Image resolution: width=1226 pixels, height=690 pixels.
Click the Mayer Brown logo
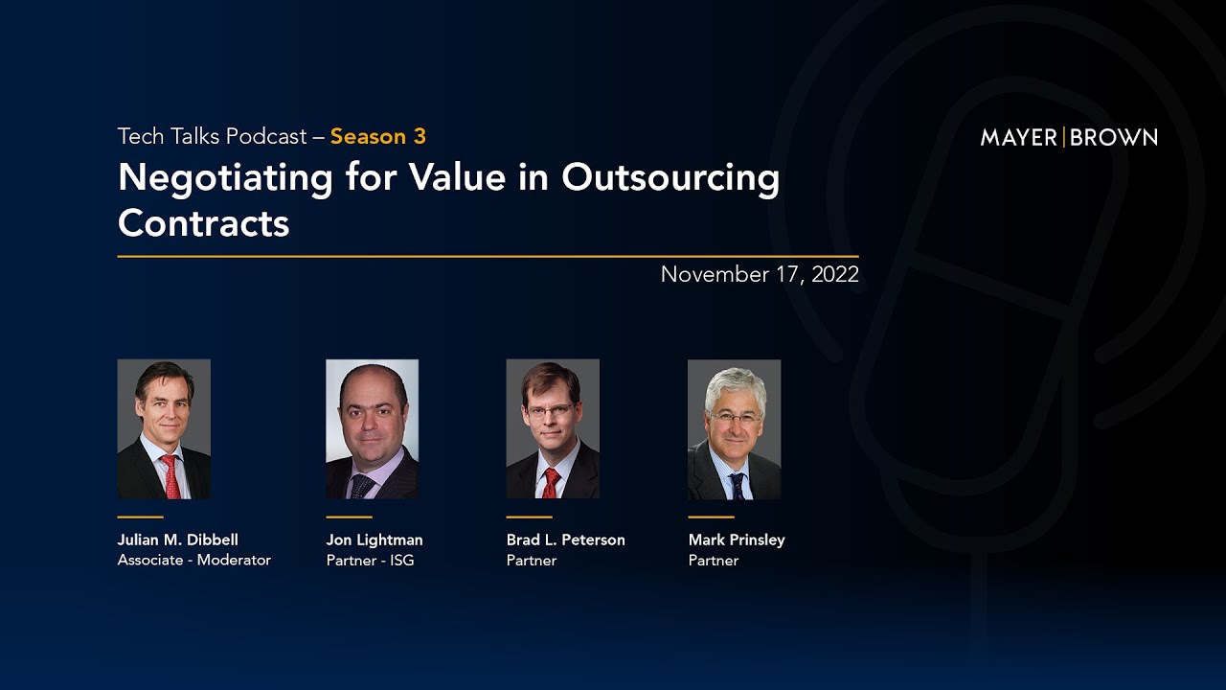click(x=1069, y=137)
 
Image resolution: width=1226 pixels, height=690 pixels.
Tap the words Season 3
click(x=378, y=136)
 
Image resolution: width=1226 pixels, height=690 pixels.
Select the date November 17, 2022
click(x=760, y=275)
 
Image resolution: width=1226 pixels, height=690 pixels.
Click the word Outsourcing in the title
click(x=670, y=177)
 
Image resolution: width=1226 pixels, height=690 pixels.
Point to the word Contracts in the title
click(x=203, y=222)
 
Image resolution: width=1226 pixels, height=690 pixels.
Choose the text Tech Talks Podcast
click(x=212, y=136)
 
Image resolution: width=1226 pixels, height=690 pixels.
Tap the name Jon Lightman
click(x=375, y=540)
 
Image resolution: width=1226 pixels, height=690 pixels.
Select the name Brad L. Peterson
click(x=565, y=540)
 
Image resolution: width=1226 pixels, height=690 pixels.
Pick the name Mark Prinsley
click(x=737, y=540)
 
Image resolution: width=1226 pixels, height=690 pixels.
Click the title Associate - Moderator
click(x=194, y=561)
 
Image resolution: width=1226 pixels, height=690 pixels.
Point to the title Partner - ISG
click(x=370, y=561)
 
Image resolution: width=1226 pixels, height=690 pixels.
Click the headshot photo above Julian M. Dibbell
click(x=164, y=428)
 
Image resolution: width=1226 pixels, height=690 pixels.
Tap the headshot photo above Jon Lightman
click(x=372, y=428)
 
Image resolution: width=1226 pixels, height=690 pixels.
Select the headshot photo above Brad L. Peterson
click(x=553, y=428)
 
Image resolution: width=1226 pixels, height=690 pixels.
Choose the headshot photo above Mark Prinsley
click(x=734, y=428)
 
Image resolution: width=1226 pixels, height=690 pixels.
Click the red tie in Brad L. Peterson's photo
click(x=551, y=483)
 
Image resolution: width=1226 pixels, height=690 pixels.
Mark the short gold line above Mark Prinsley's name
click(x=711, y=517)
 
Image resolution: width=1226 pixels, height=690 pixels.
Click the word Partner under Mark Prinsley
click(x=714, y=561)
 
